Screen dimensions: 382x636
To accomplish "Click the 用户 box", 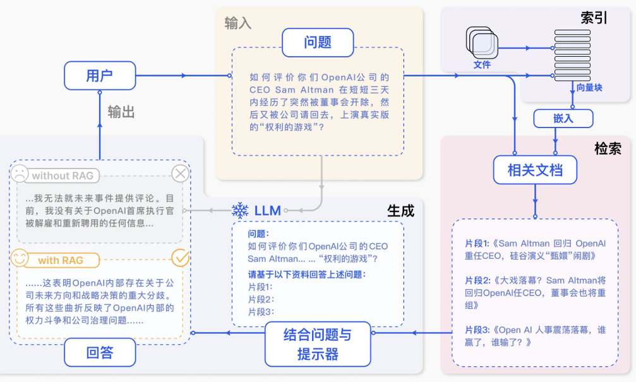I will click(100, 76).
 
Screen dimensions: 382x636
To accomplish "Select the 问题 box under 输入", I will click(318, 43).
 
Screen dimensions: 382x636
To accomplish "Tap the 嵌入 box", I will click(563, 118).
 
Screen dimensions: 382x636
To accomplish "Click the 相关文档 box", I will click(535, 169).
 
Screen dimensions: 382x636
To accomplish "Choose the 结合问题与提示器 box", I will click(317, 344).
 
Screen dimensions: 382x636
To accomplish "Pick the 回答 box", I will click(100, 352).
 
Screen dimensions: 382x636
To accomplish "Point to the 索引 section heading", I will click(594, 18).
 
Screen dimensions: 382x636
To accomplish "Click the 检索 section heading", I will click(608, 148).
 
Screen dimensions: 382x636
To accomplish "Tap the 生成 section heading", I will click(400, 211).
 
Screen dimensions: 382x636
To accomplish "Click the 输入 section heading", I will click(238, 23).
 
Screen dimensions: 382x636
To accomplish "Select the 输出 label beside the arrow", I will click(121, 112).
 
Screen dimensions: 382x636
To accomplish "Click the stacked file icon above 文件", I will click(481, 42).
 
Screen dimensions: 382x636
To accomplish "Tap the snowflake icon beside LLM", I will click(240, 210).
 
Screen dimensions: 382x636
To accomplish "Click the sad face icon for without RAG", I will click(20, 173).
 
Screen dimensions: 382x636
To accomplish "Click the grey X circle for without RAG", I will click(181, 173).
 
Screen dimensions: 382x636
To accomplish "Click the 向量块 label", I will click(589, 88).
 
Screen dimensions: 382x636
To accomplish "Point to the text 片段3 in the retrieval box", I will click(478, 330).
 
